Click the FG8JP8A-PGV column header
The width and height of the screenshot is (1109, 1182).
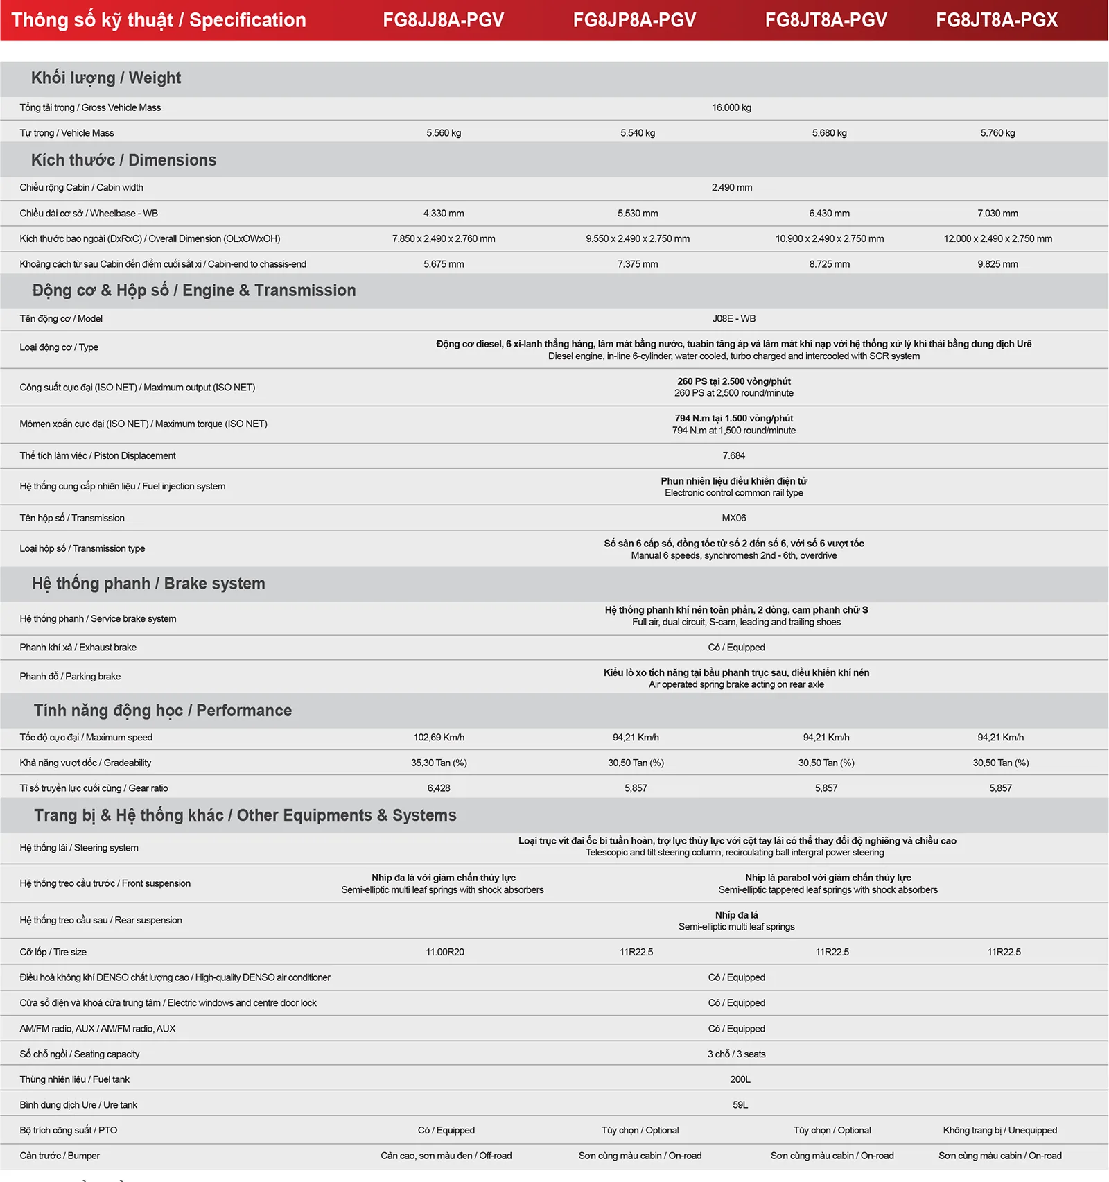(634, 20)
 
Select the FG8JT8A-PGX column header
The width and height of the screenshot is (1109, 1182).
(997, 20)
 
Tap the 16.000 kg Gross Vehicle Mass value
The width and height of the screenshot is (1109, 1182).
(731, 107)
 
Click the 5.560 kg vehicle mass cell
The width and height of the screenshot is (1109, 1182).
(444, 133)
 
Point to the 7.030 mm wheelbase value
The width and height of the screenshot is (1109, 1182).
(997, 214)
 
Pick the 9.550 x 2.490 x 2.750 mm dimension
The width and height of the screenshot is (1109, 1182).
(638, 238)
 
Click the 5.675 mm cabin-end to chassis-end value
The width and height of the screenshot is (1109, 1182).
(444, 264)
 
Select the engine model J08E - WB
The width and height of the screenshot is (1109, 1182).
(733, 319)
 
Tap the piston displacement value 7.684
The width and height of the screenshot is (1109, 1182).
(733, 455)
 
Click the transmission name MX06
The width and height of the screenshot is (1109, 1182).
(733, 518)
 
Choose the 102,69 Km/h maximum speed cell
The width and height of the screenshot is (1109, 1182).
(439, 738)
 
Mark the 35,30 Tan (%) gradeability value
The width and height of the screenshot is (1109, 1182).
(439, 763)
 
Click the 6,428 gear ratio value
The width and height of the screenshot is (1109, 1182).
(439, 788)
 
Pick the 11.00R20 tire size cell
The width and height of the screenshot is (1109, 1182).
(445, 953)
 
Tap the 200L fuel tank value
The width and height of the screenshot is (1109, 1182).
(740, 1079)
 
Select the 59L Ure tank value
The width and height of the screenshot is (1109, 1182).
(740, 1105)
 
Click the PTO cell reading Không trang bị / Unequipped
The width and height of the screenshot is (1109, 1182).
(999, 1131)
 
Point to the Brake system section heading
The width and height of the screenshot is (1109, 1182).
(148, 584)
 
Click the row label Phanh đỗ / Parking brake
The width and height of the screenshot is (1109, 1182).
(70, 677)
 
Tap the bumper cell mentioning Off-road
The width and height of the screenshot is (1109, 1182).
(446, 1156)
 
